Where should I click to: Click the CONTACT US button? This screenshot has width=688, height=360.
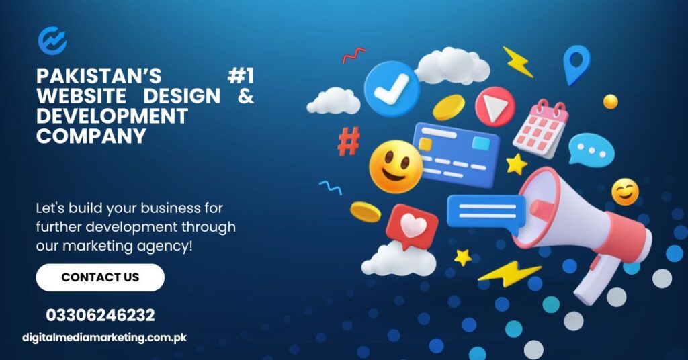click(100, 277)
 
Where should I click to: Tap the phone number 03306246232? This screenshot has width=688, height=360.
click(101, 315)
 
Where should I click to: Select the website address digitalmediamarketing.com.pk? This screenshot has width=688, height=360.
click(104, 338)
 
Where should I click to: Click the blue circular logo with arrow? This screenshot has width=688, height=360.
click(52, 40)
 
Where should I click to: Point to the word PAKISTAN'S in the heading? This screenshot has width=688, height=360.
click(99, 76)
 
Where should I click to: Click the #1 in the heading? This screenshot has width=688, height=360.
click(241, 76)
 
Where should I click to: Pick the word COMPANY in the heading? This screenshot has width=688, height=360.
click(91, 136)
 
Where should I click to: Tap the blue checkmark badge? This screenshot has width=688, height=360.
click(392, 89)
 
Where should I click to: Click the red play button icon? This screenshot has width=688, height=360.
click(495, 107)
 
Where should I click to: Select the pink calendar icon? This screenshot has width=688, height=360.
click(541, 129)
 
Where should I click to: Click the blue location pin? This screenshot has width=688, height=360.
click(576, 64)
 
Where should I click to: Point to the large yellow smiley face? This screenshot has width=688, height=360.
click(395, 167)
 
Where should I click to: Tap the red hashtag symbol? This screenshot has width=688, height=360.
click(349, 141)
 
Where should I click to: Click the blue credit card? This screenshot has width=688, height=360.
click(456, 154)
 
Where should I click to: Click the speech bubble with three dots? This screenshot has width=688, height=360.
click(591, 150)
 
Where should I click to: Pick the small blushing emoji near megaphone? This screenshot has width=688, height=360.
click(625, 191)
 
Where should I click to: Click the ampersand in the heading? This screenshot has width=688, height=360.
click(246, 95)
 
